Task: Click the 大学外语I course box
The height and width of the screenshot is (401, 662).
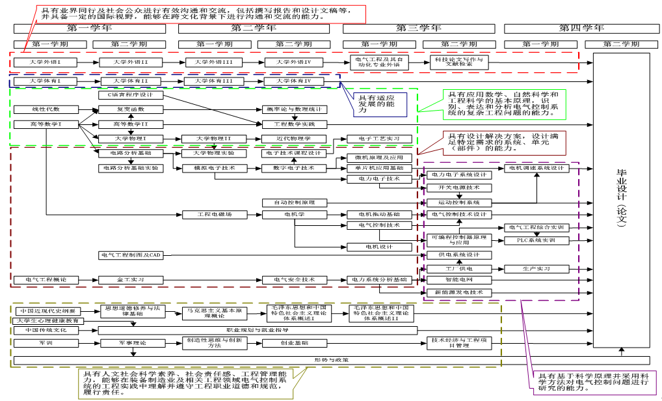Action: click(x=46, y=62)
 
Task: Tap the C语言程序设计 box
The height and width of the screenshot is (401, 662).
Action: click(x=131, y=95)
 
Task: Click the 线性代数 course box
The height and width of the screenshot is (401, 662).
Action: click(x=46, y=109)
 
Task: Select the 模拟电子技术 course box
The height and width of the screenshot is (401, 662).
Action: click(x=205, y=168)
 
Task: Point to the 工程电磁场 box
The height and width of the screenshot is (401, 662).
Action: click(x=215, y=214)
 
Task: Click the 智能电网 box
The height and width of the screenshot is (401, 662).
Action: click(x=459, y=280)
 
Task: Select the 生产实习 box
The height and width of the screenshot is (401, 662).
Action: click(x=536, y=268)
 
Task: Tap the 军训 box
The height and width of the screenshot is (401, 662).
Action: click(x=46, y=342)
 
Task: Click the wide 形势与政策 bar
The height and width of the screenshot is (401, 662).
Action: click(x=331, y=360)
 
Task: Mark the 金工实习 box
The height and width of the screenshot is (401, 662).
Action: click(x=131, y=280)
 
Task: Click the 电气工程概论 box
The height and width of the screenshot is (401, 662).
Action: click(x=46, y=280)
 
